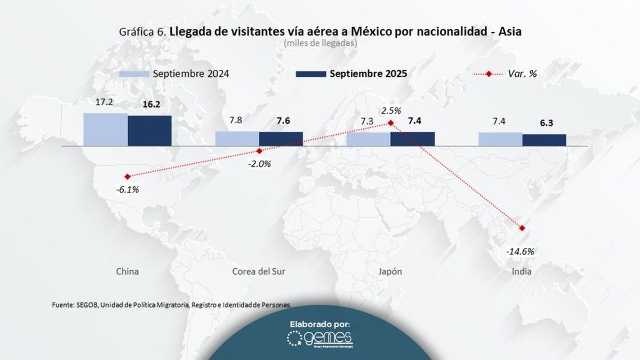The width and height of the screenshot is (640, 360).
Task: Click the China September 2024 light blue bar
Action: (x=105, y=129)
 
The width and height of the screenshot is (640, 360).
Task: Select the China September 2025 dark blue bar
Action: (x=149, y=130)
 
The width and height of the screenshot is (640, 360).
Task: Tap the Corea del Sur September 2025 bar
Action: (x=281, y=138)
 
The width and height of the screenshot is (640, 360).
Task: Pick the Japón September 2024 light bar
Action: (x=369, y=139)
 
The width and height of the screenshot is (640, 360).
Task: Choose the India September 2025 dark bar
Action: (x=544, y=139)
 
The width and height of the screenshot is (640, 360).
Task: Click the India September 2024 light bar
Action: (x=500, y=139)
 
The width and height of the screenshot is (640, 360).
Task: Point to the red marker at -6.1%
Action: (x=127, y=177)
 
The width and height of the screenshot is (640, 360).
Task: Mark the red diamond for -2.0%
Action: (x=259, y=151)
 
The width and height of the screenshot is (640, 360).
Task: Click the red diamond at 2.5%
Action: (x=390, y=123)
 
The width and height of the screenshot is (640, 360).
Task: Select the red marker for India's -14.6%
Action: (x=522, y=228)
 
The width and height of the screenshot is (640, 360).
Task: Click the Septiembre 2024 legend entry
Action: (x=174, y=74)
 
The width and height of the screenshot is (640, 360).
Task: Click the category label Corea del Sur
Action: (x=259, y=271)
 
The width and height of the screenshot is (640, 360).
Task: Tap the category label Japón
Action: (x=390, y=271)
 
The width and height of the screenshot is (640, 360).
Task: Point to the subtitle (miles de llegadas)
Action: (x=320, y=43)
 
